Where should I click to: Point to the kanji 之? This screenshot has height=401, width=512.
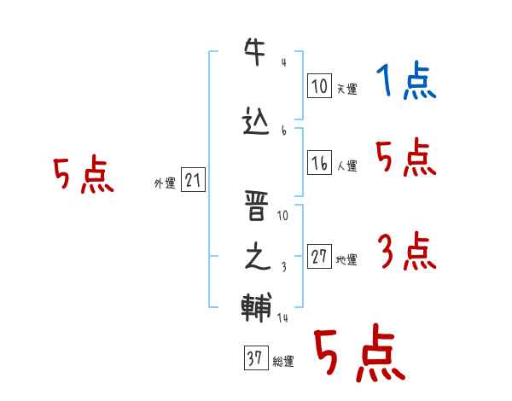point(257,257)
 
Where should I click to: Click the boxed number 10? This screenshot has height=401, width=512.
point(319,85)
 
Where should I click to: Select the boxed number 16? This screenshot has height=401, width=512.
point(319,163)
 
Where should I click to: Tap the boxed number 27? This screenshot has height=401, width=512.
point(319,258)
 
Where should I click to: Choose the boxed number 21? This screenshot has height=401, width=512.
point(193,181)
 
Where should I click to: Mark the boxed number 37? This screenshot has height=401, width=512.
point(255,358)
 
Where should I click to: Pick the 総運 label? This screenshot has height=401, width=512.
point(282,362)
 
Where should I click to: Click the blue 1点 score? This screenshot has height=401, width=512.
point(405,83)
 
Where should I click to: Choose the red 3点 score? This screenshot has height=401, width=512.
point(405,253)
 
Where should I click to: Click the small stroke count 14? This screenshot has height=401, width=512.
point(283,317)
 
